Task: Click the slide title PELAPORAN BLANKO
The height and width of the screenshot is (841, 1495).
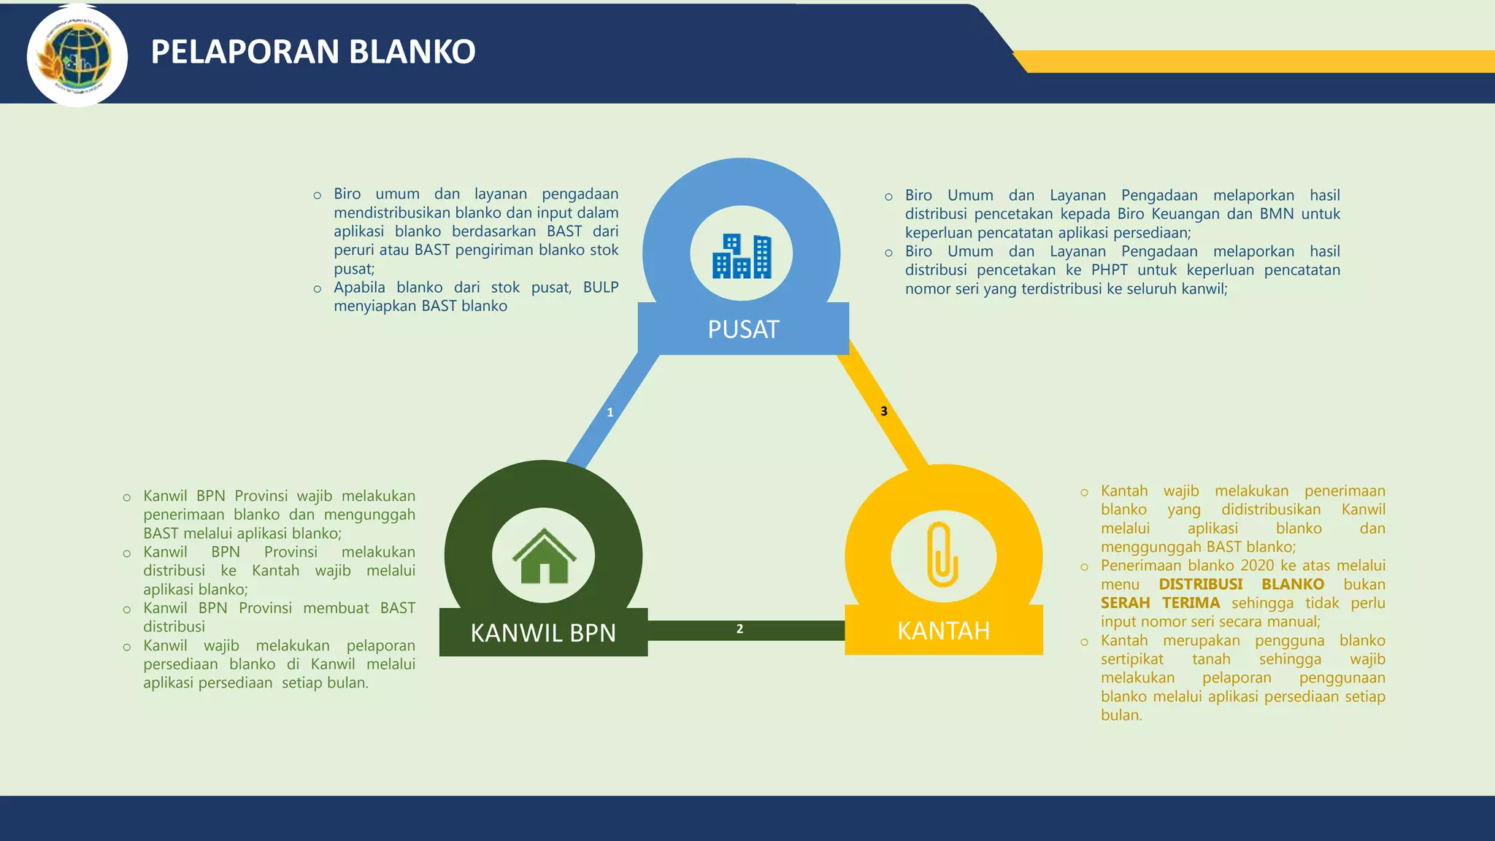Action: [x=313, y=52]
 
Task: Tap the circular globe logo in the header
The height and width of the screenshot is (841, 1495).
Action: [x=77, y=56]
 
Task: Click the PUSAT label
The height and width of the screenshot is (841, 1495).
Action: [x=743, y=329]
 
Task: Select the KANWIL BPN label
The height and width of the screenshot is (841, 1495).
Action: [x=543, y=633]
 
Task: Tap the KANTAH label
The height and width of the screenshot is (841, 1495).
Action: [x=943, y=631]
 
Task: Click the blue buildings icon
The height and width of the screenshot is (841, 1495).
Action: [x=742, y=256]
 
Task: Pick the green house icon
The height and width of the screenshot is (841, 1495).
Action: [x=544, y=556]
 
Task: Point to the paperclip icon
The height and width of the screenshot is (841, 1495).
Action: [x=942, y=555]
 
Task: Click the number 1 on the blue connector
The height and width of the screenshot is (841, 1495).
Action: [x=610, y=412]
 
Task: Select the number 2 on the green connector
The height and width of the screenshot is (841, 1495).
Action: [x=739, y=629]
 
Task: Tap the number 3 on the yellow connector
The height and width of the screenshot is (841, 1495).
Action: [x=884, y=411]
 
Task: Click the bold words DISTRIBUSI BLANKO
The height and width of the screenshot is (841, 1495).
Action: [x=1241, y=585]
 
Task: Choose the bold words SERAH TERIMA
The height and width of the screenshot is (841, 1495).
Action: [x=1160, y=603]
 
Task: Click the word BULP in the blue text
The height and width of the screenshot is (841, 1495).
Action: [x=600, y=288]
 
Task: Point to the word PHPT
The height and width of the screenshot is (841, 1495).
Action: [x=1109, y=270]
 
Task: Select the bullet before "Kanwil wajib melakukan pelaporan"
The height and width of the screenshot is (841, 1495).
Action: [x=127, y=647]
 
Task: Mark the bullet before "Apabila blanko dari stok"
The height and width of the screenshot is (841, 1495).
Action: [x=318, y=289]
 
